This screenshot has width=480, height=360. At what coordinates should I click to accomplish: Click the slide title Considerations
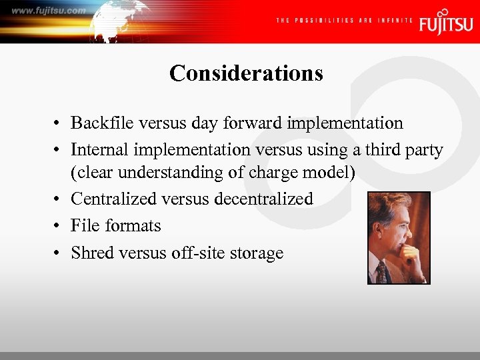(246, 73)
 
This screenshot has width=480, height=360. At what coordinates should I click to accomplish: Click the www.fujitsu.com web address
(48, 11)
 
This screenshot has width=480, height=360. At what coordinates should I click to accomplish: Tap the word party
(423, 151)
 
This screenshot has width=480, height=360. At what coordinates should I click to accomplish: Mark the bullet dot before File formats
(59, 227)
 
